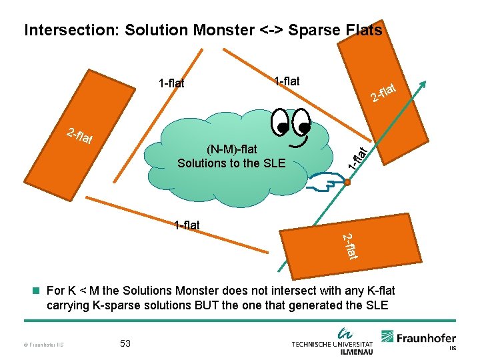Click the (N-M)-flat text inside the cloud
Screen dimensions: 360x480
(x=232, y=149)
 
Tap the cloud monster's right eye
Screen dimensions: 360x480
(x=303, y=123)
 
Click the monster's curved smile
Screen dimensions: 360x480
(x=299, y=141)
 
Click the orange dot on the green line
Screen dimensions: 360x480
(x=347, y=181)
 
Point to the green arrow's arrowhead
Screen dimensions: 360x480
(x=422, y=84)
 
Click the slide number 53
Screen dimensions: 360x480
(x=125, y=343)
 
